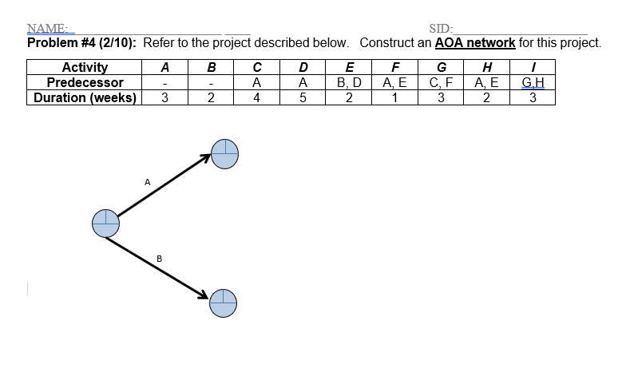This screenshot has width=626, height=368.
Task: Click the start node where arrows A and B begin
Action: coord(105,224)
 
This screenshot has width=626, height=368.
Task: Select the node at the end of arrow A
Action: coord(225,153)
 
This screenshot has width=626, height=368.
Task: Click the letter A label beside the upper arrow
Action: coord(148,182)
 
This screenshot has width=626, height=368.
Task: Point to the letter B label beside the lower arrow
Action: coord(160,258)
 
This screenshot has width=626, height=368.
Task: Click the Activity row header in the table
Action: coord(85,68)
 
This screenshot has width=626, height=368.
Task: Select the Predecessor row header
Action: coord(85,82)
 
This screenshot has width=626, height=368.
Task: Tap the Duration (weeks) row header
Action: coord(85,97)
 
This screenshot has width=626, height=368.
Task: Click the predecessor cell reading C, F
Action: coord(442,82)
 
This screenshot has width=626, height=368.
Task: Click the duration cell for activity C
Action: coord(256,97)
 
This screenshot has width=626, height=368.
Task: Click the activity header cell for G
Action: coord(442,68)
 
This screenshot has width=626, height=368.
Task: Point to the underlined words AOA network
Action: coord(475,43)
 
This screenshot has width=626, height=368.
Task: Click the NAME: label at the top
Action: coord(46,30)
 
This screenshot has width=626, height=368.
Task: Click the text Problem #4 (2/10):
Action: coord(82,43)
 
